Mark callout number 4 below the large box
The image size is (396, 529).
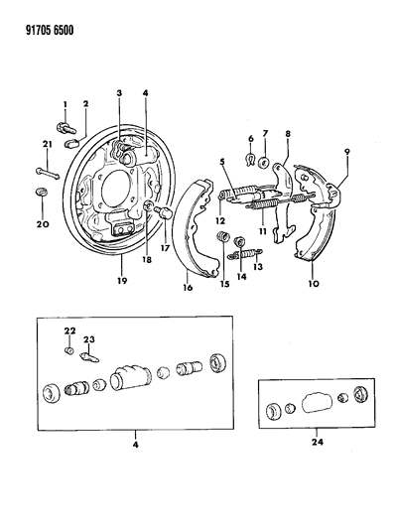tap(135, 445)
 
